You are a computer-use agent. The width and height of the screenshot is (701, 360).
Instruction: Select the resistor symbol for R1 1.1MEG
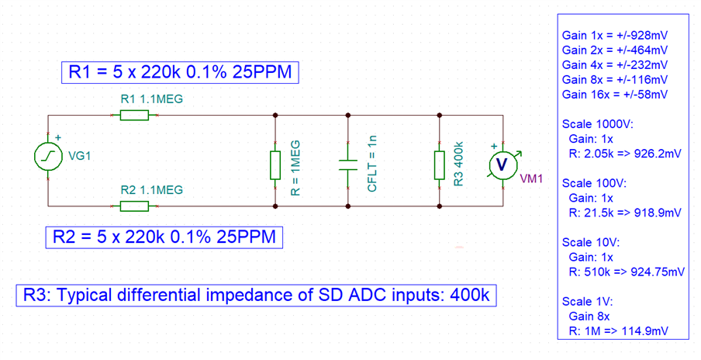tap(134, 116)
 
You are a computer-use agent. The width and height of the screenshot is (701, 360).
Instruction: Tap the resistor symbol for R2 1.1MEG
tap(134, 206)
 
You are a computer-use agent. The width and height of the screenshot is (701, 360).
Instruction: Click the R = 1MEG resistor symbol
tap(275, 164)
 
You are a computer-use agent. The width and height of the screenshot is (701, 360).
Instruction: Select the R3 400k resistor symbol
tap(440, 164)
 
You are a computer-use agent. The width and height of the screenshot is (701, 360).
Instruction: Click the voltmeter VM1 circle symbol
tap(501, 164)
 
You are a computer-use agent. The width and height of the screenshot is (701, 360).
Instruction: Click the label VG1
tap(81, 156)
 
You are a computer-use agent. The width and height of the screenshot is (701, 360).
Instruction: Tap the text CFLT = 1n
tap(373, 163)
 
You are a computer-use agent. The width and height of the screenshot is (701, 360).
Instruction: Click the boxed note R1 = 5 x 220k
tap(180, 72)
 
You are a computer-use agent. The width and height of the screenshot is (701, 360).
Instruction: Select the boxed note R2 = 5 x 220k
tap(163, 236)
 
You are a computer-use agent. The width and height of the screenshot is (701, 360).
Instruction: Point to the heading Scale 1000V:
tap(597, 123)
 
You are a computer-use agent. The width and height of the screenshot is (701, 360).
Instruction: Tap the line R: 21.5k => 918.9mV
tap(625, 211)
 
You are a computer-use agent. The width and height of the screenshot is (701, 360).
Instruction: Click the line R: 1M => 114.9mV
tap(619, 331)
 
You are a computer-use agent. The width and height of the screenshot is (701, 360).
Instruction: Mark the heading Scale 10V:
tap(591, 242)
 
